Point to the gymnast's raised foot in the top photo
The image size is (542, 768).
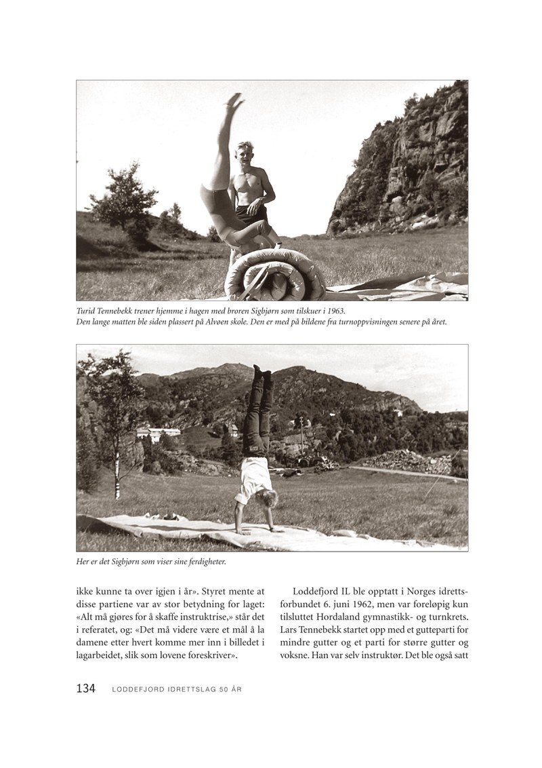point(234,100)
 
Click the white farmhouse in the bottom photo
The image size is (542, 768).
point(158,432)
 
